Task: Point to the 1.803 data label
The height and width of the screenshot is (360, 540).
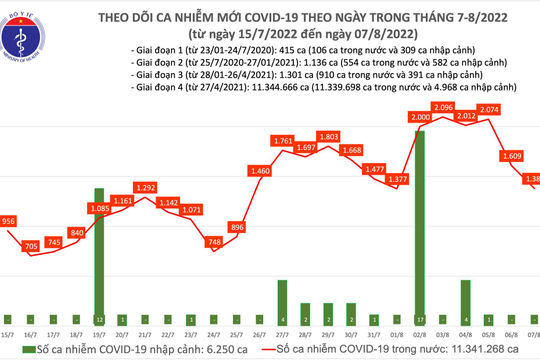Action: (327, 136)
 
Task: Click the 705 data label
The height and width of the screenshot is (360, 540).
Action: (33, 245)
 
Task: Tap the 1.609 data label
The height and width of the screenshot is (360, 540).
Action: (511, 156)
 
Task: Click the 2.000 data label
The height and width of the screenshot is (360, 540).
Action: (421, 118)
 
